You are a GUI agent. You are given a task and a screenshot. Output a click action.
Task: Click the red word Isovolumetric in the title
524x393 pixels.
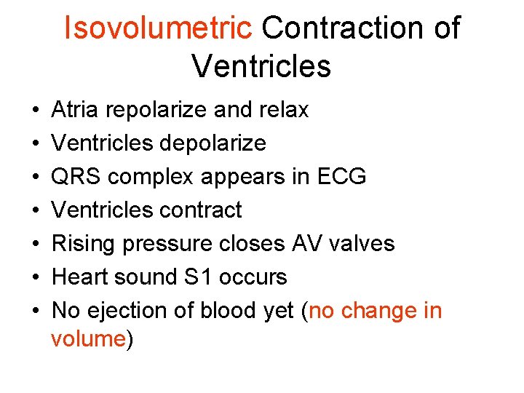coord(158,28)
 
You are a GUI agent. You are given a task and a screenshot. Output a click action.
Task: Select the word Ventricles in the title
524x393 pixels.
coord(261,66)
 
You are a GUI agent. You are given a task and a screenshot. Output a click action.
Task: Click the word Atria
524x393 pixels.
coord(76,110)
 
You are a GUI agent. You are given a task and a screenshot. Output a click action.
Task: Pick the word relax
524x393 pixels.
coord(284,110)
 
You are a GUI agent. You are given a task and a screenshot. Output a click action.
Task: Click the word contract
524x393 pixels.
coord(199,210)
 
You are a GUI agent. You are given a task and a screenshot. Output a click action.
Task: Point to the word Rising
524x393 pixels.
coord(84,244)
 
